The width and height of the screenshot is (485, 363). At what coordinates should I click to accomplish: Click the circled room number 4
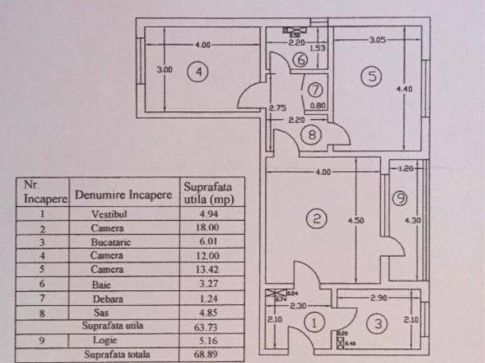(x=198, y=72)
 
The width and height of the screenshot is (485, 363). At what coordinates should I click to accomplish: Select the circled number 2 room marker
(x=316, y=219)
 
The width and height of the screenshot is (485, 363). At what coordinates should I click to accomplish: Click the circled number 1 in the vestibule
(x=314, y=323)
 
